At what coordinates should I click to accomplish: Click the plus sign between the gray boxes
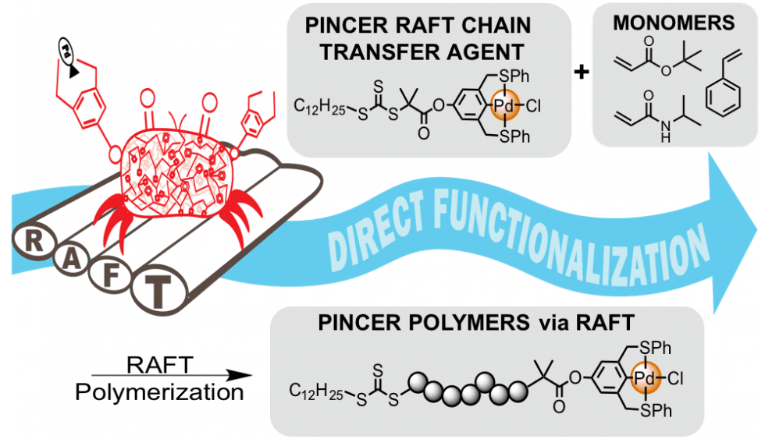pyautogui.click(x=581, y=73)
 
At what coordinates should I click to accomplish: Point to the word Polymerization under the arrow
pyautogui.click(x=159, y=393)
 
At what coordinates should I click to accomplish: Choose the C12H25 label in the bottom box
pyautogui.click(x=314, y=388)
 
